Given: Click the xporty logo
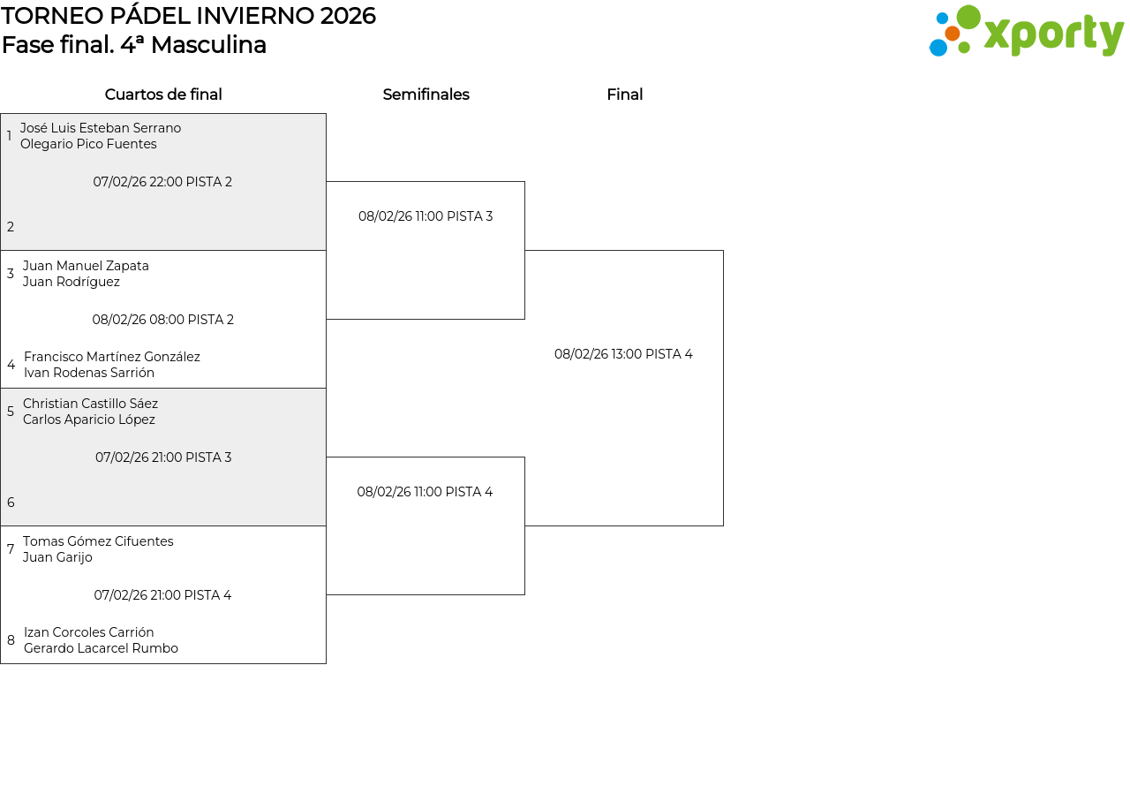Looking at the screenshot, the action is (1026, 31).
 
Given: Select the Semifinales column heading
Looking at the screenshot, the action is (426, 95).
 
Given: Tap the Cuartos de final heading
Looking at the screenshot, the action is (163, 95).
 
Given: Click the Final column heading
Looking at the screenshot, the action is (624, 95).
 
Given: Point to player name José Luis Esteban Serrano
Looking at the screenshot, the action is (101, 128).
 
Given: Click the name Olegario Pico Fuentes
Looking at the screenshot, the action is (88, 144).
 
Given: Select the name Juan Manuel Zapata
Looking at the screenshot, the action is (86, 266).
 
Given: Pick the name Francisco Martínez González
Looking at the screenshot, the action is (112, 357).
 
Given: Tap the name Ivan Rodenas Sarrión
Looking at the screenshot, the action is (89, 373).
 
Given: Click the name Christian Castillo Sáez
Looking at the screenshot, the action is (90, 404).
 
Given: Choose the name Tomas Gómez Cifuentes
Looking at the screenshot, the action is (98, 541).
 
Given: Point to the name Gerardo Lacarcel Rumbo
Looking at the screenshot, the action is (101, 648).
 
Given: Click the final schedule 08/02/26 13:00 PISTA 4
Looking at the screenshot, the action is (623, 354).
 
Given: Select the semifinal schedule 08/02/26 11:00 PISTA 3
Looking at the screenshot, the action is (426, 216).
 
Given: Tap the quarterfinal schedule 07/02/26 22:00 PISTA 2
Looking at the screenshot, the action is (162, 182).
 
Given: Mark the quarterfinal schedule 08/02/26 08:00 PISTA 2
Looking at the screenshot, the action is (163, 320).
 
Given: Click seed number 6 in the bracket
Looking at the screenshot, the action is (11, 503).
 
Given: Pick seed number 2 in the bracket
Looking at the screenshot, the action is (10, 227).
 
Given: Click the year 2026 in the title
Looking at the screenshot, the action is (348, 16).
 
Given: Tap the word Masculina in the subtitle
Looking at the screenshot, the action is (208, 45).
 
